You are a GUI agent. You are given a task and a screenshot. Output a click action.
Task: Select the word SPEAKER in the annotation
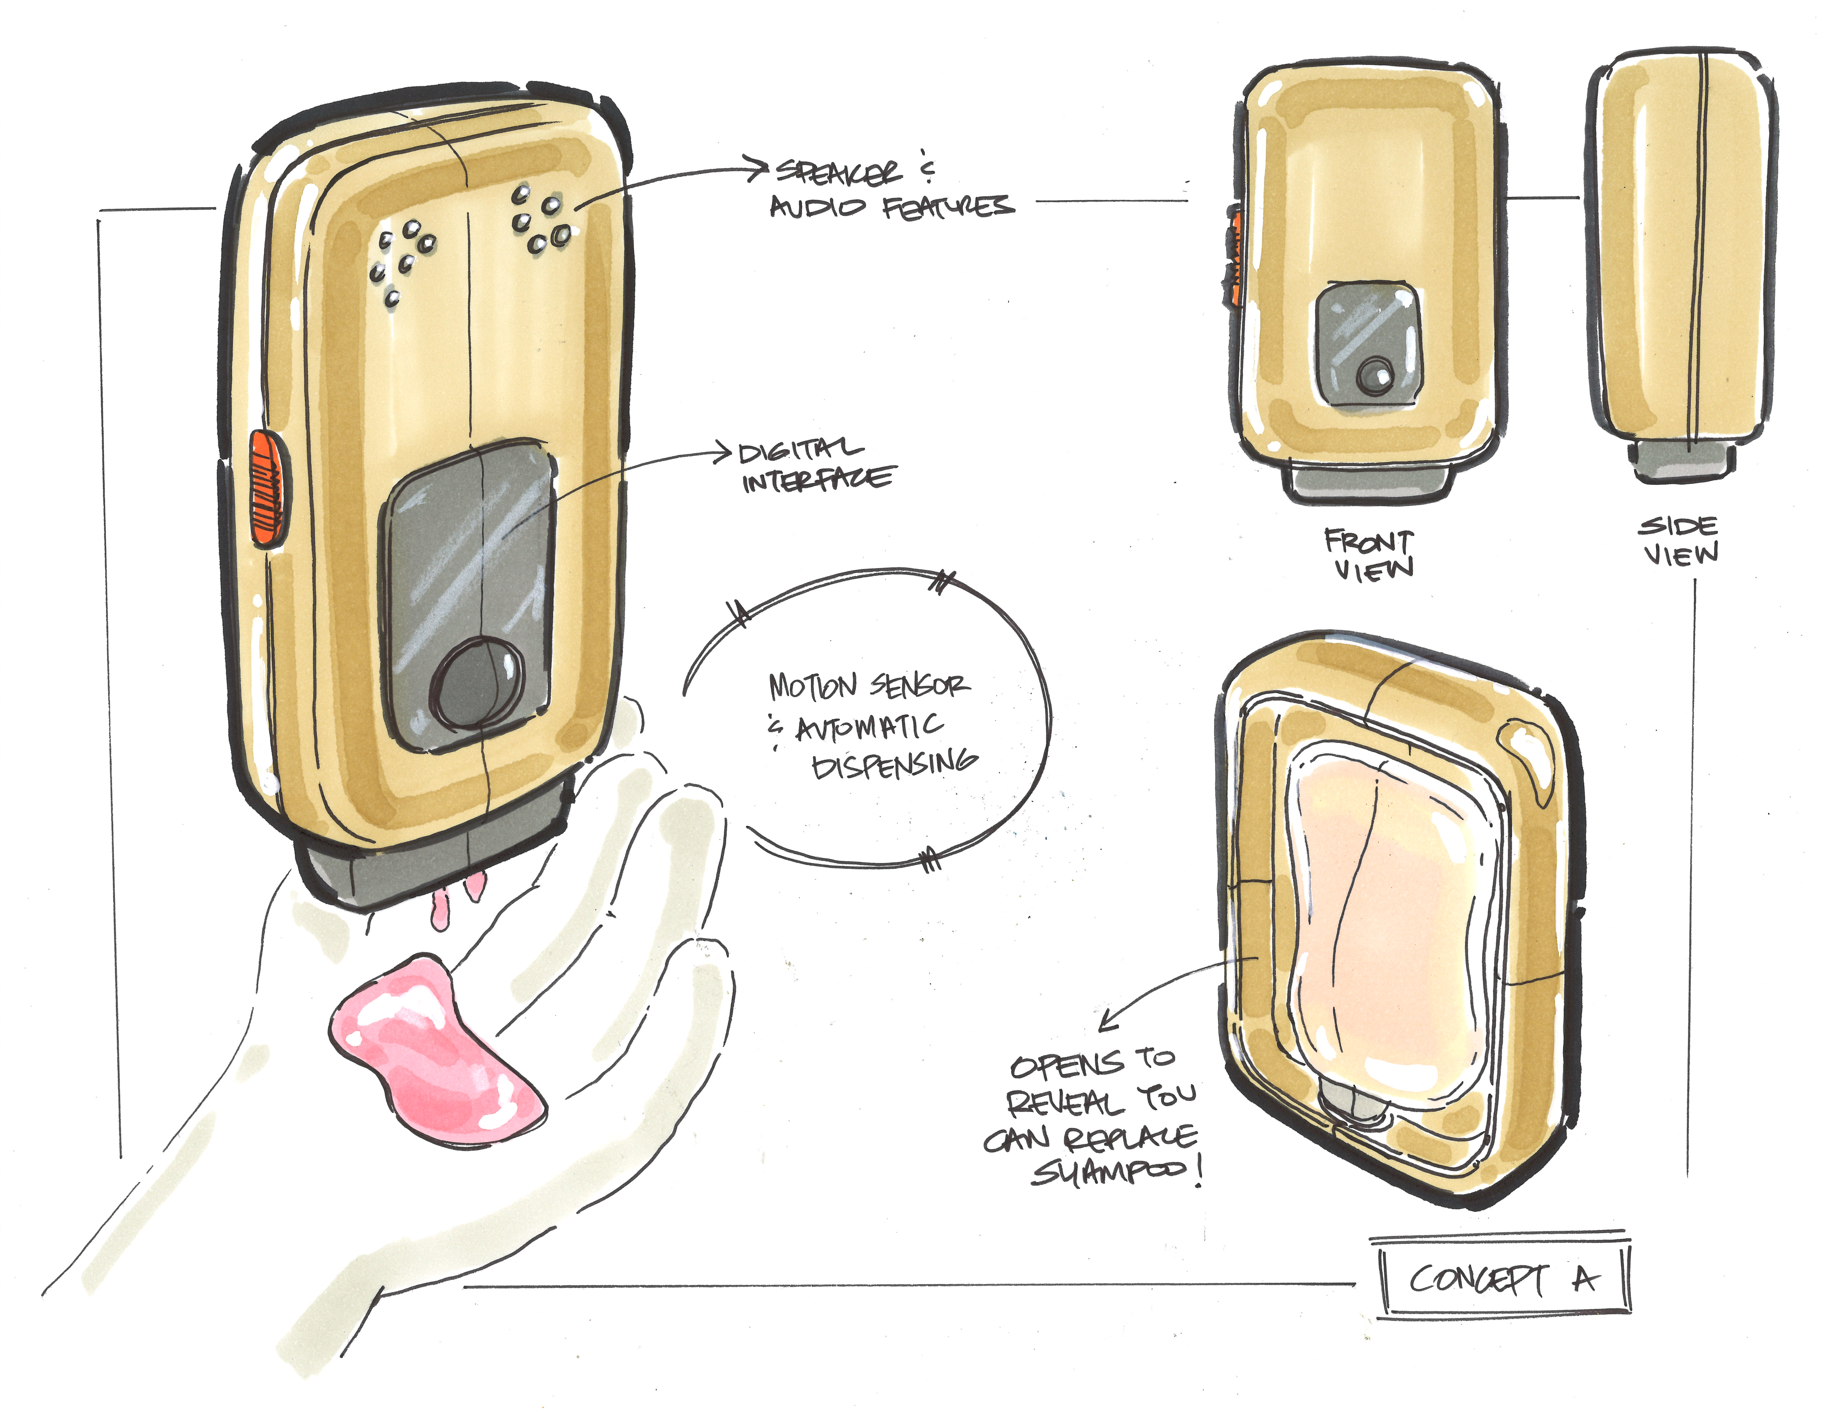click(839, 172)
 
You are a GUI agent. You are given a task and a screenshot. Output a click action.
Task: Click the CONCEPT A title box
click(1503, 1279)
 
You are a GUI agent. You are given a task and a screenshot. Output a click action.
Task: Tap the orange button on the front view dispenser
click(1235, 256)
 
